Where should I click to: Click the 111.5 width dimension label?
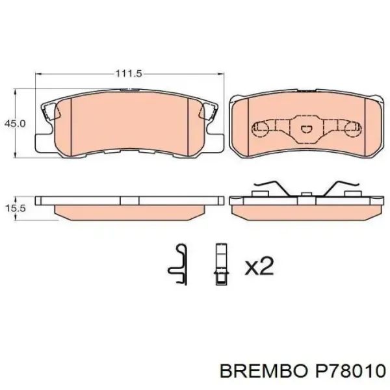128,74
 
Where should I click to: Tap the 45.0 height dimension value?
15,123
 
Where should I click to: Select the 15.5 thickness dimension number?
15,209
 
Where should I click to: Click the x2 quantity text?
259,266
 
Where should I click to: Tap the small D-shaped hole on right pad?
305,129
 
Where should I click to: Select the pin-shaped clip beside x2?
221,264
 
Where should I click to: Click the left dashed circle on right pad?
261,128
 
